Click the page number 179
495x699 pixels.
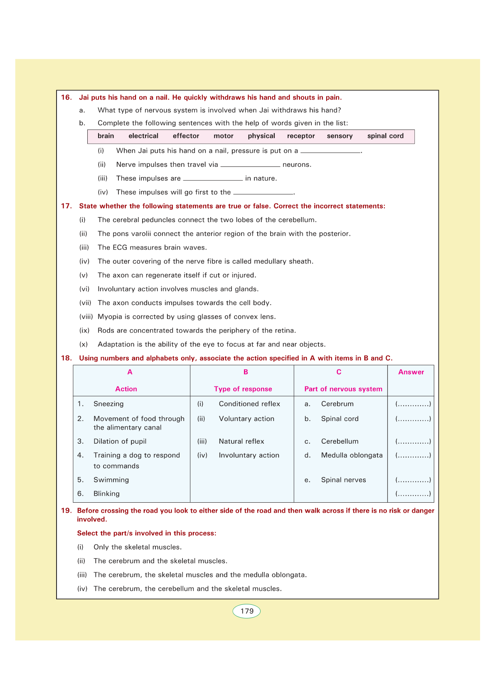247,611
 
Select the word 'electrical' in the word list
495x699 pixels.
143,136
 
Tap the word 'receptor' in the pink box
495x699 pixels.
300,136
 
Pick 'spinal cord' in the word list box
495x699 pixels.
385,136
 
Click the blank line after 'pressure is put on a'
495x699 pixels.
330,151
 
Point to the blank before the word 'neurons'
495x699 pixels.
250,165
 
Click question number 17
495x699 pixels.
66,206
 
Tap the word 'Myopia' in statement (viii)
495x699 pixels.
109,317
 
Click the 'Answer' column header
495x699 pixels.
411,372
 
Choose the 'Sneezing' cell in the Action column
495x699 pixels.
108,404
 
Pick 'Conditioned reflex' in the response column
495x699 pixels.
249,404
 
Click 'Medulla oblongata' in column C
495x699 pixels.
352,455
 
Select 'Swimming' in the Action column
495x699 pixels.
111,480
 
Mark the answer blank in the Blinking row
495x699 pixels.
413,494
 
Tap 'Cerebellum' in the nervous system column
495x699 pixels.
340,441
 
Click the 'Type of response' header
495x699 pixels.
243,389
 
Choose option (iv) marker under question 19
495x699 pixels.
82,589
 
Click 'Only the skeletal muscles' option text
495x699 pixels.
138,547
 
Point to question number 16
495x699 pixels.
66,98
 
